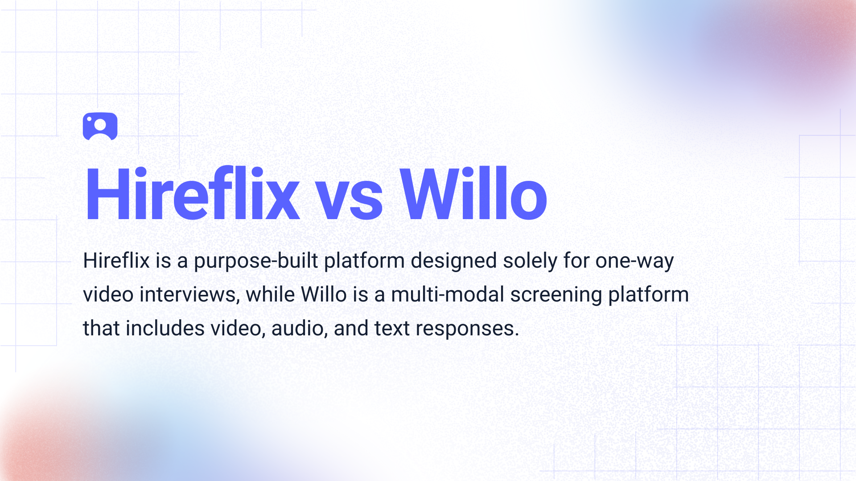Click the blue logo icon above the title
(100, 126)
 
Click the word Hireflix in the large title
(192, 194)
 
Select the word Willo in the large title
(473, 194)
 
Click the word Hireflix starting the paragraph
(116, 261)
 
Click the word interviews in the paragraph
(189, 295)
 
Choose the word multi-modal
(448, 295)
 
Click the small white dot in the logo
(89, 119)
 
